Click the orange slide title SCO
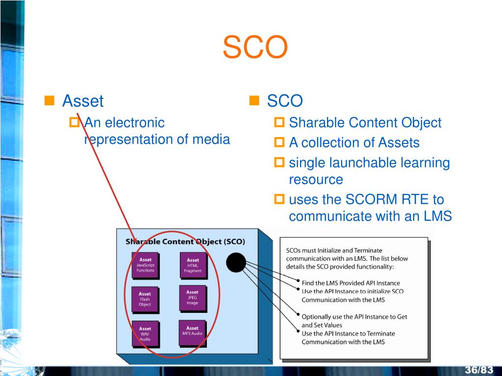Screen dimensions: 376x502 pyautogui.click(x=255, y=48)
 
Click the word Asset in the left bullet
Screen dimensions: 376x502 pyautogui.click(x=83, y=101)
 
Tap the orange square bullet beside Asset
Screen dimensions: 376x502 pyautogui.click(x=49, y=101)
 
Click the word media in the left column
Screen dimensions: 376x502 pyautogui.click(x=211, y=139)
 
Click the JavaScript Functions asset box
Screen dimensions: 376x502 pyautogui.click(x=145, y=265)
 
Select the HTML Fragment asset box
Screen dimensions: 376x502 pyautogui.click(x=193, y=265)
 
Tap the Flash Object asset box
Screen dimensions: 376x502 pyautogui.click(x=145, y=299)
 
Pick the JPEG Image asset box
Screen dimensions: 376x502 pyautogui.click(x=192, y=297)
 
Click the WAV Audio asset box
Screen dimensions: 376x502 pyautogui.click(x=145, y=333)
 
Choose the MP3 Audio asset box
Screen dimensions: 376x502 pyautogui.click(x=192, y=332)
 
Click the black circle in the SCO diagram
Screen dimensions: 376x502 pyautogui.click(x=236, y=263)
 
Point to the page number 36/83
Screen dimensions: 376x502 pyautogui.click(x=479, y=369)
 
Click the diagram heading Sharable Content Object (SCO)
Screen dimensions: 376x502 pyautogui.click(x=185, y=241)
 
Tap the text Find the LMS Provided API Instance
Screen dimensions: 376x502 pyautogui.click(x=351, y=283)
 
